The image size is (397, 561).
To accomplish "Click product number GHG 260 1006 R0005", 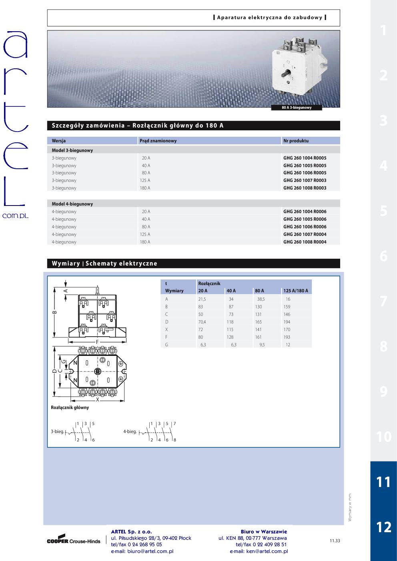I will coord(305,173).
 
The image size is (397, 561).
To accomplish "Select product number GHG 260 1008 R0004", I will coord(305,242).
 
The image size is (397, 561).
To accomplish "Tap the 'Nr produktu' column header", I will coord(296,141).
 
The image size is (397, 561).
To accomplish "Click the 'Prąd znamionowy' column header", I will coord(158,141).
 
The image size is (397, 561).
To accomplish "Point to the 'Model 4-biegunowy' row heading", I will coord(72,204).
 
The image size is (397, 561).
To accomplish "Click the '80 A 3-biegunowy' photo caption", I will coord(297,108).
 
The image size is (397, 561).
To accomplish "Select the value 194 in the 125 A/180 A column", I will coord(287,322).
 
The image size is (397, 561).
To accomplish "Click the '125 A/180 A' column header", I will coord(296,291).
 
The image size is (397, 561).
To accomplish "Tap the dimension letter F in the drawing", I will coord(97,342).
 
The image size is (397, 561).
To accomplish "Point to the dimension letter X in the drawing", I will coord(97,399).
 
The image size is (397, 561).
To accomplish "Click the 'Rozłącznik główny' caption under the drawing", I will coord(70,407).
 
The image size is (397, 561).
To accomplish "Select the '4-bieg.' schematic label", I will coord(130,432).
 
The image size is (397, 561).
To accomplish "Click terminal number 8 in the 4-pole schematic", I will coord(175,440).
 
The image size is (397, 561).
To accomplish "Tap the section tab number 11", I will coord(383,482).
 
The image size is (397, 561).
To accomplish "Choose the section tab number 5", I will coord(383,211).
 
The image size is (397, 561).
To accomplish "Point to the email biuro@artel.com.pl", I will coord(142,551).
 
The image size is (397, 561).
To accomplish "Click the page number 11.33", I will coord(335,541).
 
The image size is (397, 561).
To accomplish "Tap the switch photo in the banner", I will coord(299,68).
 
